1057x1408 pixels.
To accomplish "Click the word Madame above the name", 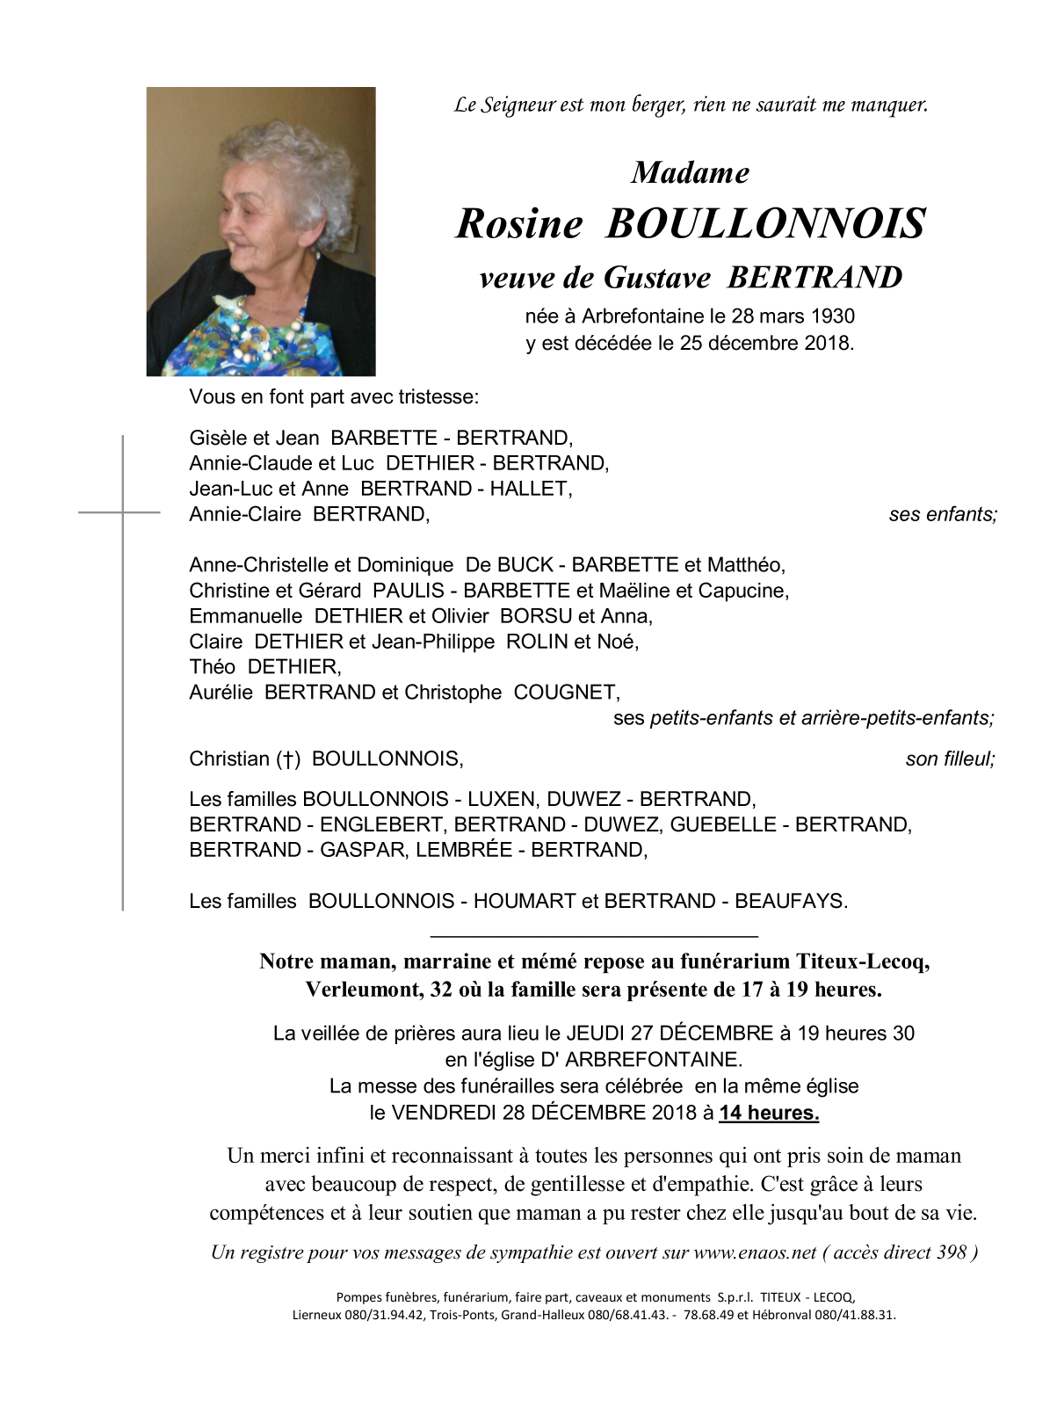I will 691,172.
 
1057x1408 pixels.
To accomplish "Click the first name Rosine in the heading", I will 519,223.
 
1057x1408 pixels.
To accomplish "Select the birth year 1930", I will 832,316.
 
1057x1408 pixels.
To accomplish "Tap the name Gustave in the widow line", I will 657,278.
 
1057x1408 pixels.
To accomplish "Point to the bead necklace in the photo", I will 264,325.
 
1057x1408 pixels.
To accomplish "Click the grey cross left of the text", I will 122,512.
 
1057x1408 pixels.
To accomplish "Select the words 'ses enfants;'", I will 943,514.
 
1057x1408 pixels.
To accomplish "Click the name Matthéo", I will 746,564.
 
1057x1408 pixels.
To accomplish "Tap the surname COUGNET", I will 567,693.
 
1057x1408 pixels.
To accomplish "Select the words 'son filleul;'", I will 950,758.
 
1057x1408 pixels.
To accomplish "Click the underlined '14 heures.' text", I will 769,1113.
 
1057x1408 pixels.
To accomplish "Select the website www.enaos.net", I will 755,1252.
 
